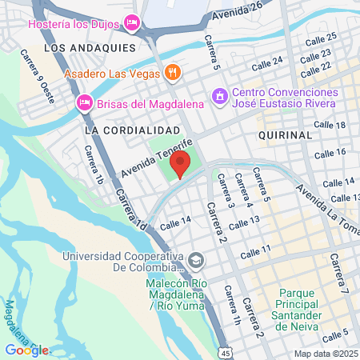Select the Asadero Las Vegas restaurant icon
(x=172, y=74)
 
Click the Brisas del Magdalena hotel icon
(x=84, y=102)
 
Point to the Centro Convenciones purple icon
(x=218, y=96)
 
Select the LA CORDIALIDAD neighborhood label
(x=131, y=129)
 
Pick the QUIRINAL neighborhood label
(x=285, y=135)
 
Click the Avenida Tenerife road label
(x=148, y=161)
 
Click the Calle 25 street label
(x=321, y=38)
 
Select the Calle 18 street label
(x=330, y=126)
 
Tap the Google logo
(x=26, y=350)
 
